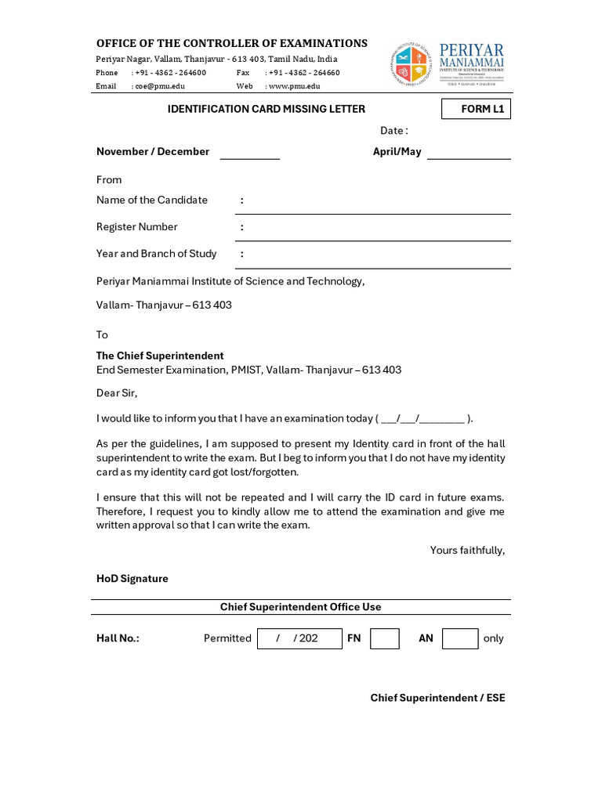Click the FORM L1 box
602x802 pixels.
click(476, 109)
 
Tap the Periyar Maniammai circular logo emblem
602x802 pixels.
click(412, 64)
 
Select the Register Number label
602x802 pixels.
click(137, 227)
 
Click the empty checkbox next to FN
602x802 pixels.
click(385, 638)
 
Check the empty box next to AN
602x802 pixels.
click(460, 638)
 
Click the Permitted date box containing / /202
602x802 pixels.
click(299, 638)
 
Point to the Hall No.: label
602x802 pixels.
click(118, 638)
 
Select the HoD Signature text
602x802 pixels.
click(132, 579)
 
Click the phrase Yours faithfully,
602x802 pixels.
click(467, 551)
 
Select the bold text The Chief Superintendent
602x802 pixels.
click(160, 356)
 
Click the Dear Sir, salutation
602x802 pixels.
click(117, 393)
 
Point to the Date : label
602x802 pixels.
click(394, 131)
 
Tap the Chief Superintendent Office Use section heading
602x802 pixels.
click(300, 607)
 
